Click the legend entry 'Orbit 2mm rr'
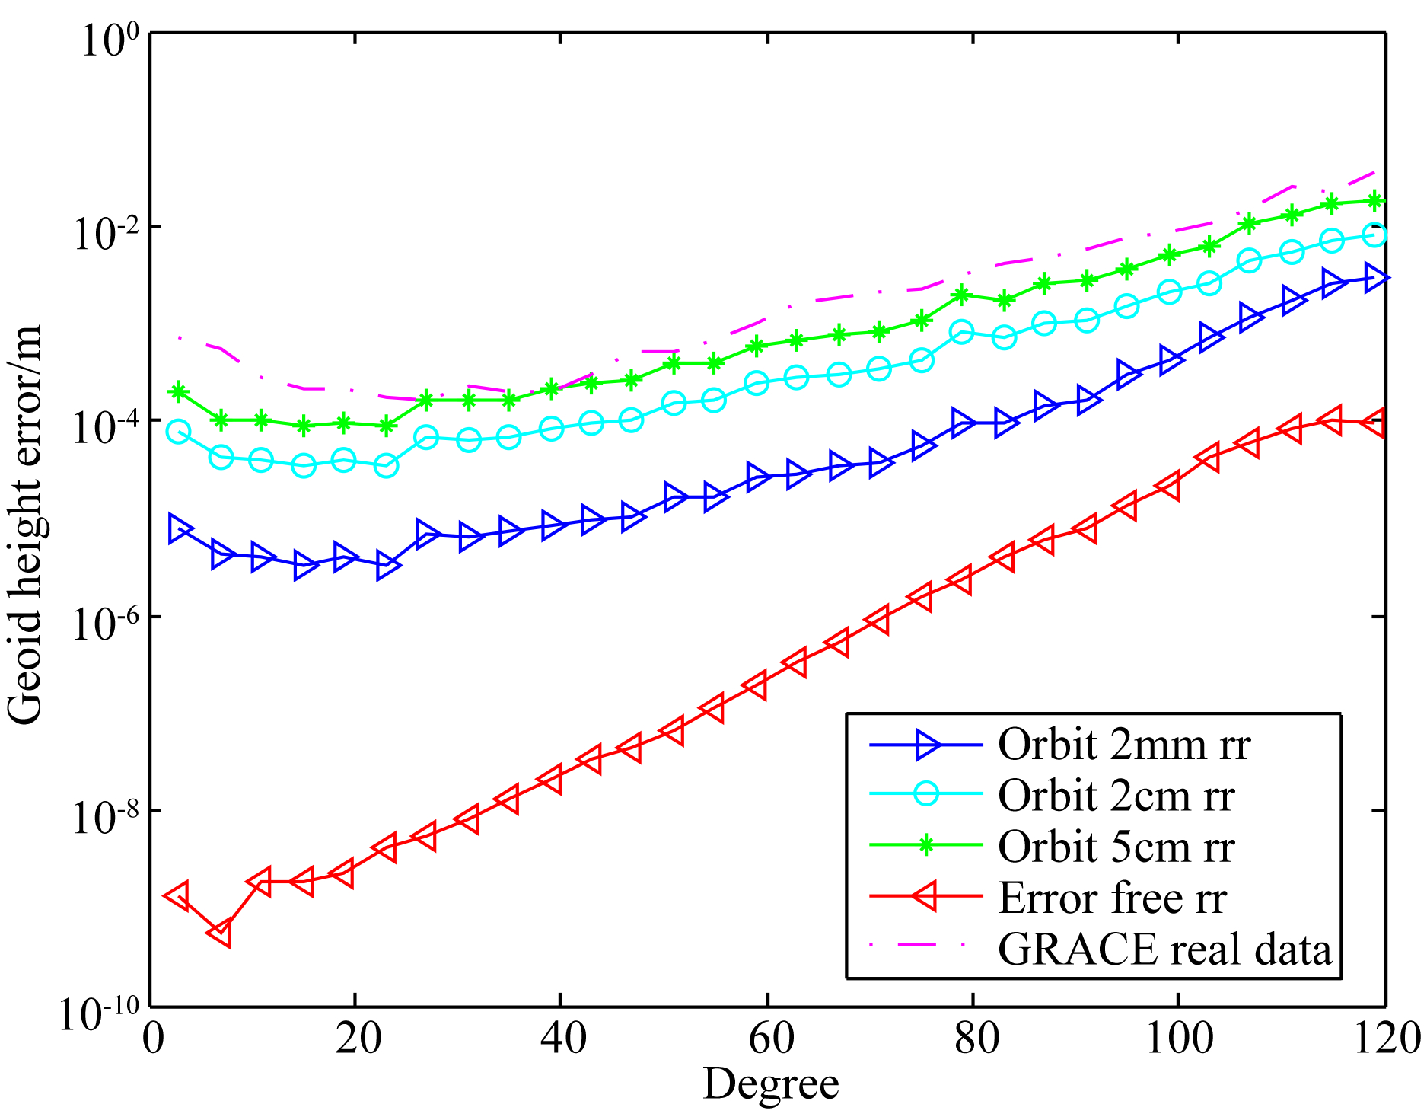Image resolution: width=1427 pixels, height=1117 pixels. (x=1123, y=745)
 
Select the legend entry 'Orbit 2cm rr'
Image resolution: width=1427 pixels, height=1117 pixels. (x=1116, y=796)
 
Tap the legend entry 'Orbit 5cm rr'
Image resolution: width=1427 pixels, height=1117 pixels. (x=1116, y=847)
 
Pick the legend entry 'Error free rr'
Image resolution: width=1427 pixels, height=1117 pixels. (x=1112, y=898)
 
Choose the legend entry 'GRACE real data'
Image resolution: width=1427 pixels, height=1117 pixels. (x=1164, y=949)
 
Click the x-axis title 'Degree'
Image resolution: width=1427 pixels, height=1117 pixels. (x=770, y=1083)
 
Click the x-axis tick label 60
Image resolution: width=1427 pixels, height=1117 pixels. (x=770, y=1037)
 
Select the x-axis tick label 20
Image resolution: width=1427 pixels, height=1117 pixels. (x=358, y=1037)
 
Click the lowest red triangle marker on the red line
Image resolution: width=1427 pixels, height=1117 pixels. (x=220, y=933)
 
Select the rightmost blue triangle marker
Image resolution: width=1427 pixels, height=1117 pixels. (x=1376, y=278)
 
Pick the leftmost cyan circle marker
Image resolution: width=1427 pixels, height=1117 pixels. (x=178, y=432)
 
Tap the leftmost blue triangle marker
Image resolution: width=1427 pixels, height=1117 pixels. (x=180, y=528)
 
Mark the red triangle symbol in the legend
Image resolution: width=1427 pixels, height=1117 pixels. (x=925, y=898)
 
